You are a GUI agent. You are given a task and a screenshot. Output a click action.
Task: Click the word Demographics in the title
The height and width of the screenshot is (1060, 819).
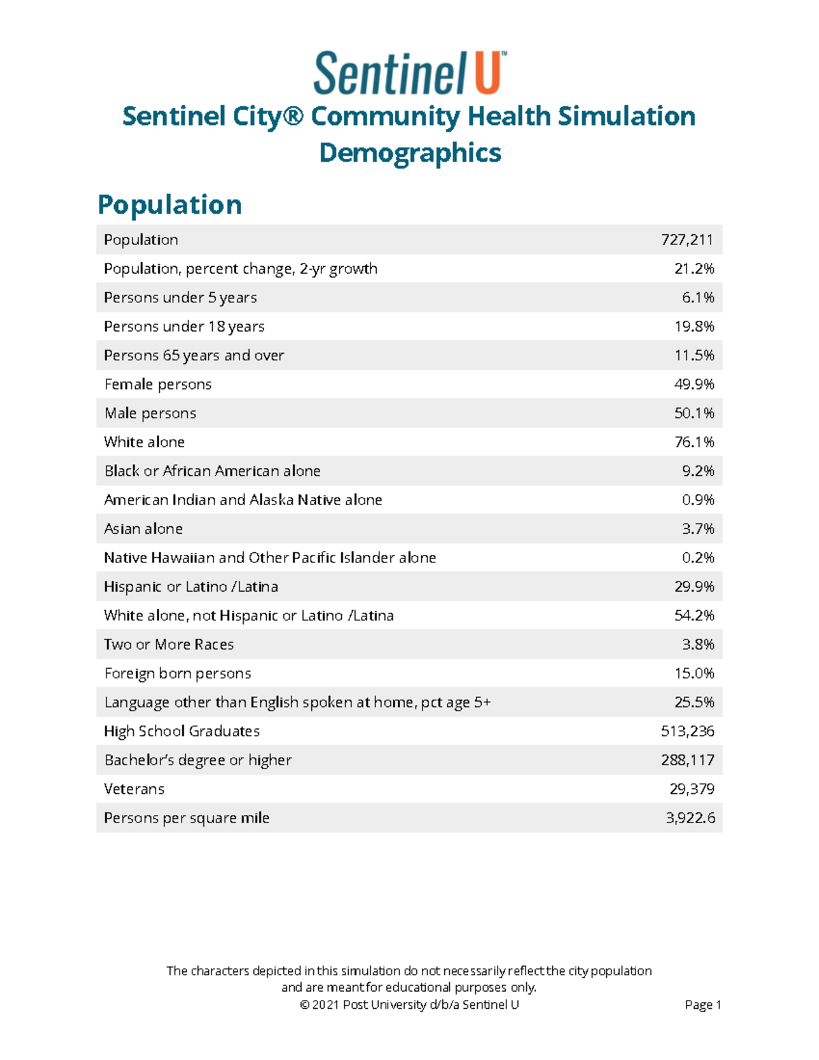[x=410, y=152]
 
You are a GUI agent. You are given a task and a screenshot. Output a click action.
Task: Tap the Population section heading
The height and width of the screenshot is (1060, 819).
[x=169, y=204]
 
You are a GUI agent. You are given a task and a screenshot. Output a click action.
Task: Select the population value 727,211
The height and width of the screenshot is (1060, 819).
[x=687, y=240]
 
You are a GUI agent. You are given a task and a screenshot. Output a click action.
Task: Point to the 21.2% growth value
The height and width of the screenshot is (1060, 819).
[x=694, y=269]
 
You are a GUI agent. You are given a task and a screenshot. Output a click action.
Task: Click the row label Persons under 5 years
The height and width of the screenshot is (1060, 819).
[x=180, y=298]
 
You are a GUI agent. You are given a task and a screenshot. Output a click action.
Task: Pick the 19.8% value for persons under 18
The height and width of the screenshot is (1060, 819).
[x=694, y=326]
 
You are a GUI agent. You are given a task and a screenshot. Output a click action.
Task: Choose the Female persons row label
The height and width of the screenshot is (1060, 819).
[x=158, y=384]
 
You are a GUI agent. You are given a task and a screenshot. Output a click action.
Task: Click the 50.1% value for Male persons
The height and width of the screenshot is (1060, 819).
[x=694, y=413]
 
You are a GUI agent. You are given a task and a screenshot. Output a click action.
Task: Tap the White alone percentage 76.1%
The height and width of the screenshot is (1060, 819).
[x=694, y=442]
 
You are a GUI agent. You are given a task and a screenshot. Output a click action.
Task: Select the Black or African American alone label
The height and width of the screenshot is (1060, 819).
[x=212, y=471]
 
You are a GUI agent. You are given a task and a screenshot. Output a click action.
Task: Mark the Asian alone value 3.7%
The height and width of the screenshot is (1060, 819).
[x=698, y=529]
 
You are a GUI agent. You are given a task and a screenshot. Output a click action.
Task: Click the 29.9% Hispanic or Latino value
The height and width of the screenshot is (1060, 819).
[x=694, y=586]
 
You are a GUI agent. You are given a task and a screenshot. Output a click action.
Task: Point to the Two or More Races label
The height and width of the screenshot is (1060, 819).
[x=169, y=644]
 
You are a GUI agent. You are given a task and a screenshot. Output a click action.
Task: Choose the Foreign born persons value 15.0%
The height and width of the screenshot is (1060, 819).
[x=694, y=674]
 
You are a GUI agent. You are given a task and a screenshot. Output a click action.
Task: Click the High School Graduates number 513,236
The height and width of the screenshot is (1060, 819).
[x=687, y=731]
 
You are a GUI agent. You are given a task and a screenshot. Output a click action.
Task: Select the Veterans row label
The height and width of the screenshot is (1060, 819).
[x=134, y=789]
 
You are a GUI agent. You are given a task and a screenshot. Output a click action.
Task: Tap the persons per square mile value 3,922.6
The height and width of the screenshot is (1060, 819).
[x=690, y=818]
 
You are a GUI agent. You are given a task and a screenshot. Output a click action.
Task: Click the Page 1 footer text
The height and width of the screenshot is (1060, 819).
[x=703, y=1005]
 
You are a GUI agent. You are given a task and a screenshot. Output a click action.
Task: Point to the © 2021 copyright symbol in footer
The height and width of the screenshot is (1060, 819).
[x=304, y=1005]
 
